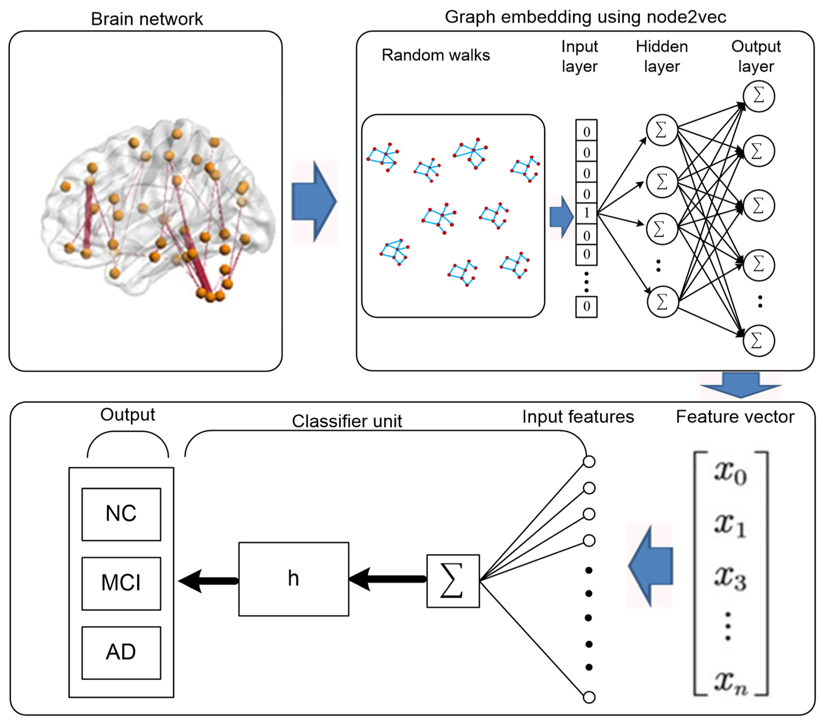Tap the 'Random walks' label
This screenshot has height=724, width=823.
click(436, 55)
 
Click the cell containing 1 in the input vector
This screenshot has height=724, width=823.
click(586, 213)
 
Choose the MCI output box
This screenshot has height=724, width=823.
click(121, 583)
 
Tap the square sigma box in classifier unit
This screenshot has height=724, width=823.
click(453, 581)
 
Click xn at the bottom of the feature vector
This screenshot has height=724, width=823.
click(730, 683)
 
